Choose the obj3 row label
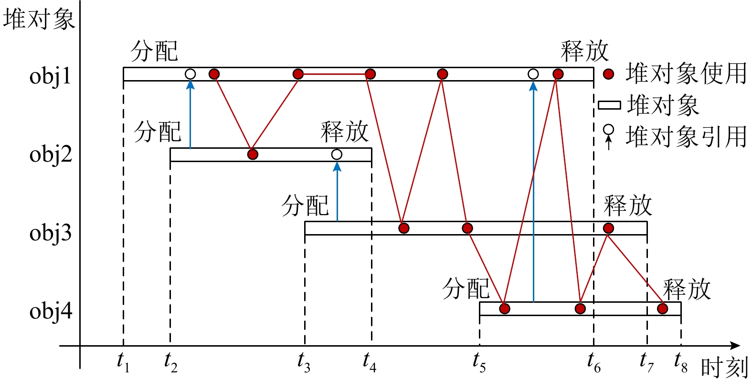pos(50,233)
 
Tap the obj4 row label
pos(51,311)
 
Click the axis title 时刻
pos(724,367)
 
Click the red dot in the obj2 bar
pos(253,154)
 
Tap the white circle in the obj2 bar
pos(337,154)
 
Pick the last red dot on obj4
pos(662,308)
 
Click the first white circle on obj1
pos(190,74)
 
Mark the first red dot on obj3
pos(403,228)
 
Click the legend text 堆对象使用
pos(686,74)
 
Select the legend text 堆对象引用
pos(686,137)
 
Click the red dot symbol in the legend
pos(608,74)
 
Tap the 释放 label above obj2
pos(344,132)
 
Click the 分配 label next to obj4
pos(466,288)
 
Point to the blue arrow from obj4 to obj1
pos(533,191)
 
